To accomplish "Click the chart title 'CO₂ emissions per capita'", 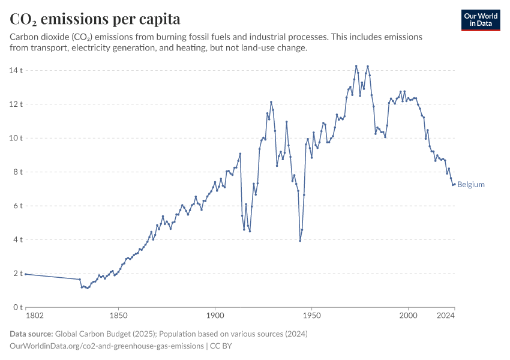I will (95, 19).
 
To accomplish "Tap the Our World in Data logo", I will (480, 20).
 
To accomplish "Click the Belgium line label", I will (470, 185).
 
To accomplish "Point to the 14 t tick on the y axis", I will (16, 70).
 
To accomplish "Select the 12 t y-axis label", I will (16, 104).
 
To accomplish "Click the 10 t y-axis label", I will (16, 138).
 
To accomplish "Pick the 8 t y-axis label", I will (18, 172).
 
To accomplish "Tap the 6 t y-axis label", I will (18, 206).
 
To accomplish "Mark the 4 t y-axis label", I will (18, 240).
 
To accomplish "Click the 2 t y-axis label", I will (18, 274).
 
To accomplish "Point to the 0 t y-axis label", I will (18, 307).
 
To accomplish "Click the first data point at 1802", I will (26, 274).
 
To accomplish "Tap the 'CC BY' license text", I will (221, 346).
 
